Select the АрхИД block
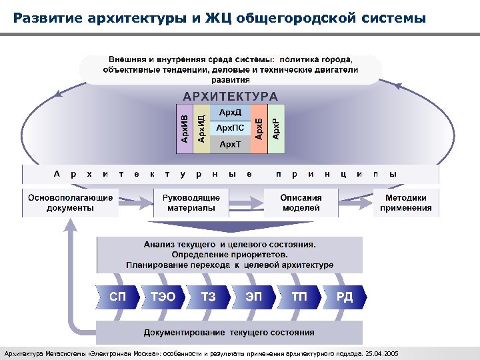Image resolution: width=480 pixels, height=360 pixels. [201, 129]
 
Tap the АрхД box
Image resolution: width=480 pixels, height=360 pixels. [230, 112]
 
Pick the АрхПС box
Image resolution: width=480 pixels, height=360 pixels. [230, 127]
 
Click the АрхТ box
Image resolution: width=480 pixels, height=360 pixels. [230, 144]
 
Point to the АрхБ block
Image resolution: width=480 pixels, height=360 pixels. [259, 129]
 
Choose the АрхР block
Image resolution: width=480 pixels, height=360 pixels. [276, 129]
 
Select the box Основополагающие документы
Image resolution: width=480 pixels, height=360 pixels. [70, 203]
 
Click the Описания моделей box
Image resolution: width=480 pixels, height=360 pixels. [301, 203]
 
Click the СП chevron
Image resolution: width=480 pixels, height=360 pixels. [117, 297]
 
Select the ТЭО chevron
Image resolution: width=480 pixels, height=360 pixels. [163, 297]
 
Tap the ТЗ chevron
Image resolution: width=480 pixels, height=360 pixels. [209, 297]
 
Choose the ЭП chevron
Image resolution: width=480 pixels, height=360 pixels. [254, 297]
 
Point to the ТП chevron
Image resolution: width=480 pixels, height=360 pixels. [299, 297]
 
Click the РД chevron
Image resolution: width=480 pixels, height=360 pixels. [345, 297]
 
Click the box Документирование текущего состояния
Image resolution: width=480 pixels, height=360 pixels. [229, 332]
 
